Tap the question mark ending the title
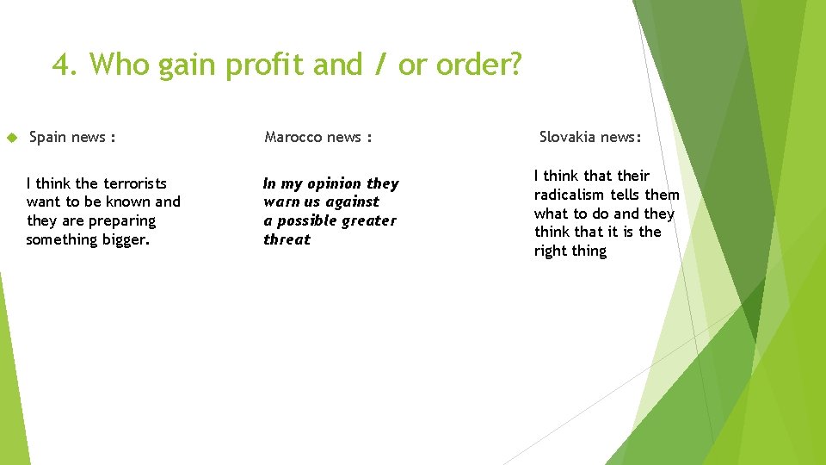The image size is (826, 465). coord(514,65)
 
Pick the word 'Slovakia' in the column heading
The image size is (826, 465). coord(568,137)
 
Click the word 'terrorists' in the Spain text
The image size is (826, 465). coord(134,183)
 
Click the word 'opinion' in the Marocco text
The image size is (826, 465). coord(335,183)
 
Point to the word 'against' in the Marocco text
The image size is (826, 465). coord(351,201)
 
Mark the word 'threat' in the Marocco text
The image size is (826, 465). coord(287,239)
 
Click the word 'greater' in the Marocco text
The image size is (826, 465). coord(368,220)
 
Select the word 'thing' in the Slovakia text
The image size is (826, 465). coord(591,251)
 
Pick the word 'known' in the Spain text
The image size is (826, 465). coord(126,202)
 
